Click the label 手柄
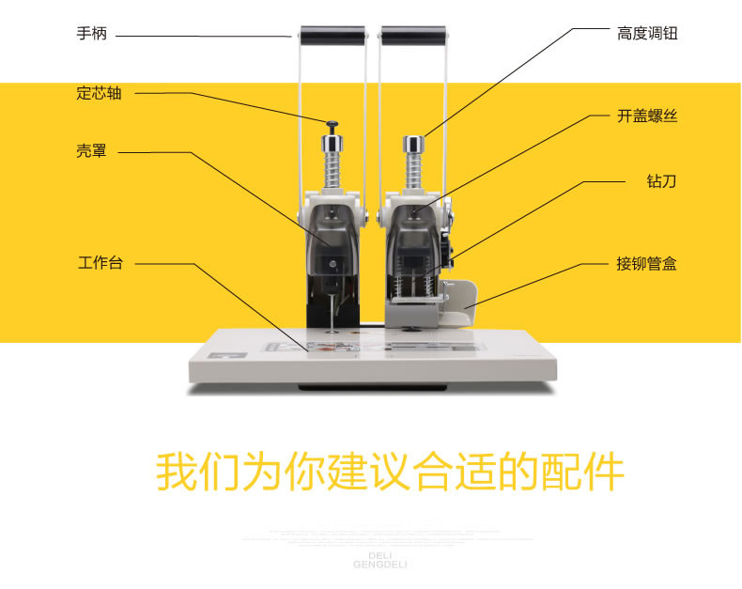(x=92, y=34)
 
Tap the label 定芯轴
(x=100, y=93)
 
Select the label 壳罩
(x=92, y=151)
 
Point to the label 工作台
(x=100, y=263)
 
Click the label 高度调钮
(x=647, y=34)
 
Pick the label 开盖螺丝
(x=647, y=116)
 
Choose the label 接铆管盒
(x=647, y=264)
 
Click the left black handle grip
(x=332, y=37)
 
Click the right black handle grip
(x=414, y=37)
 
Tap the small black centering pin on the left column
(x=332, y=124)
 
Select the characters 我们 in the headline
(x=196, y=473)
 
